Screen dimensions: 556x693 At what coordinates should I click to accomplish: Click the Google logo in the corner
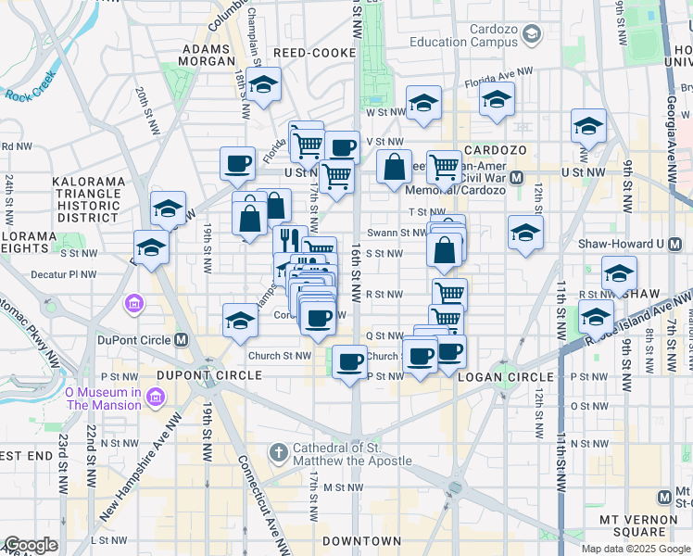[31, 545]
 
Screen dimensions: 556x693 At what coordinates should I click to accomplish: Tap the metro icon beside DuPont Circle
[182, 340]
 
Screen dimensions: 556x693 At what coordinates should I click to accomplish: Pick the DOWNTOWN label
[361, 540]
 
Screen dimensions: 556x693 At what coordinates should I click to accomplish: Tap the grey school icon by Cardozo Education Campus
[532, 35]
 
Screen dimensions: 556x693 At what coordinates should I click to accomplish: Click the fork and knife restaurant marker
[290, 240]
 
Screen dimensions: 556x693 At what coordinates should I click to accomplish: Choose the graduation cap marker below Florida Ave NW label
[497, 98]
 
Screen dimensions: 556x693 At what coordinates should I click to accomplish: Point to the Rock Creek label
[31, 94]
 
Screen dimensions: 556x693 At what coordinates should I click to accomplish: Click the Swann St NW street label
[396, 233]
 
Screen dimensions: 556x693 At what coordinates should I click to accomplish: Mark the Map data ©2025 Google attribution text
[636, 548]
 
